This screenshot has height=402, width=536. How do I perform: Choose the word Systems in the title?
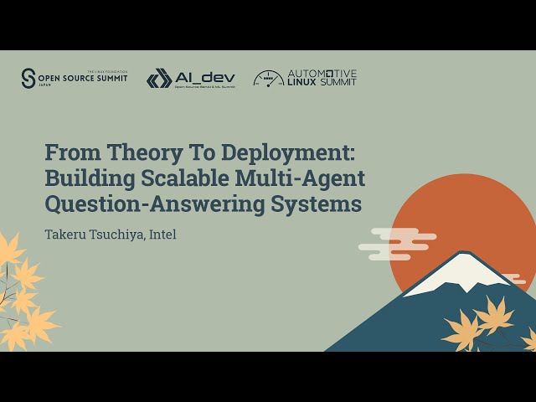click(x=318, y=204)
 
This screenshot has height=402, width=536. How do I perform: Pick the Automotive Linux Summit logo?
click(x=305, y=78)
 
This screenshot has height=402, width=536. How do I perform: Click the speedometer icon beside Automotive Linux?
click(x=268, y=79)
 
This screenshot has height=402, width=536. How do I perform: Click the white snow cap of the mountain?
click(x=459, y=273)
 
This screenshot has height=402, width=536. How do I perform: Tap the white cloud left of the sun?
click(x=394, y=242)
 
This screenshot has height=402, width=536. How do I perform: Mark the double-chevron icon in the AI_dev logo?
click(x=159, y=79)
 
